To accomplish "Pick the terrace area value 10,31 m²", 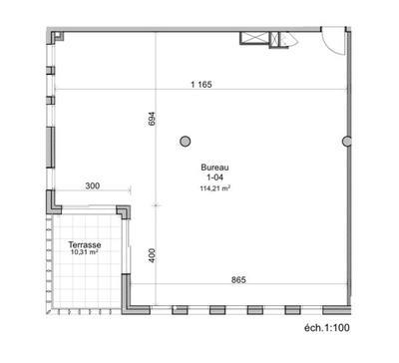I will pos(85,253).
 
